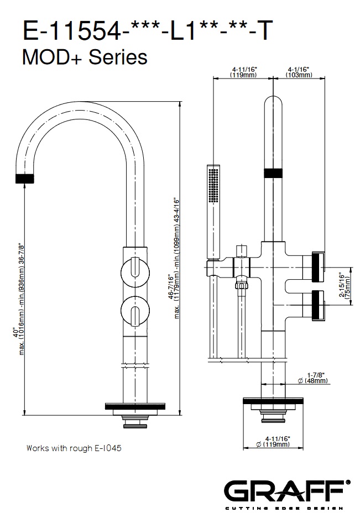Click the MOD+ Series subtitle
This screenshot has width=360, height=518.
85,57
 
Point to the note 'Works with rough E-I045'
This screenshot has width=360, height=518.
74,448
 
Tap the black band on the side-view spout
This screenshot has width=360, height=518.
273,173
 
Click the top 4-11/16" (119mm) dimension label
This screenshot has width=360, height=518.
244,72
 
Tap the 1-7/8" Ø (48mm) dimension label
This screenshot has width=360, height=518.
312,378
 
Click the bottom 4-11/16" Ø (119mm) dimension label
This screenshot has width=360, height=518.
273,441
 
